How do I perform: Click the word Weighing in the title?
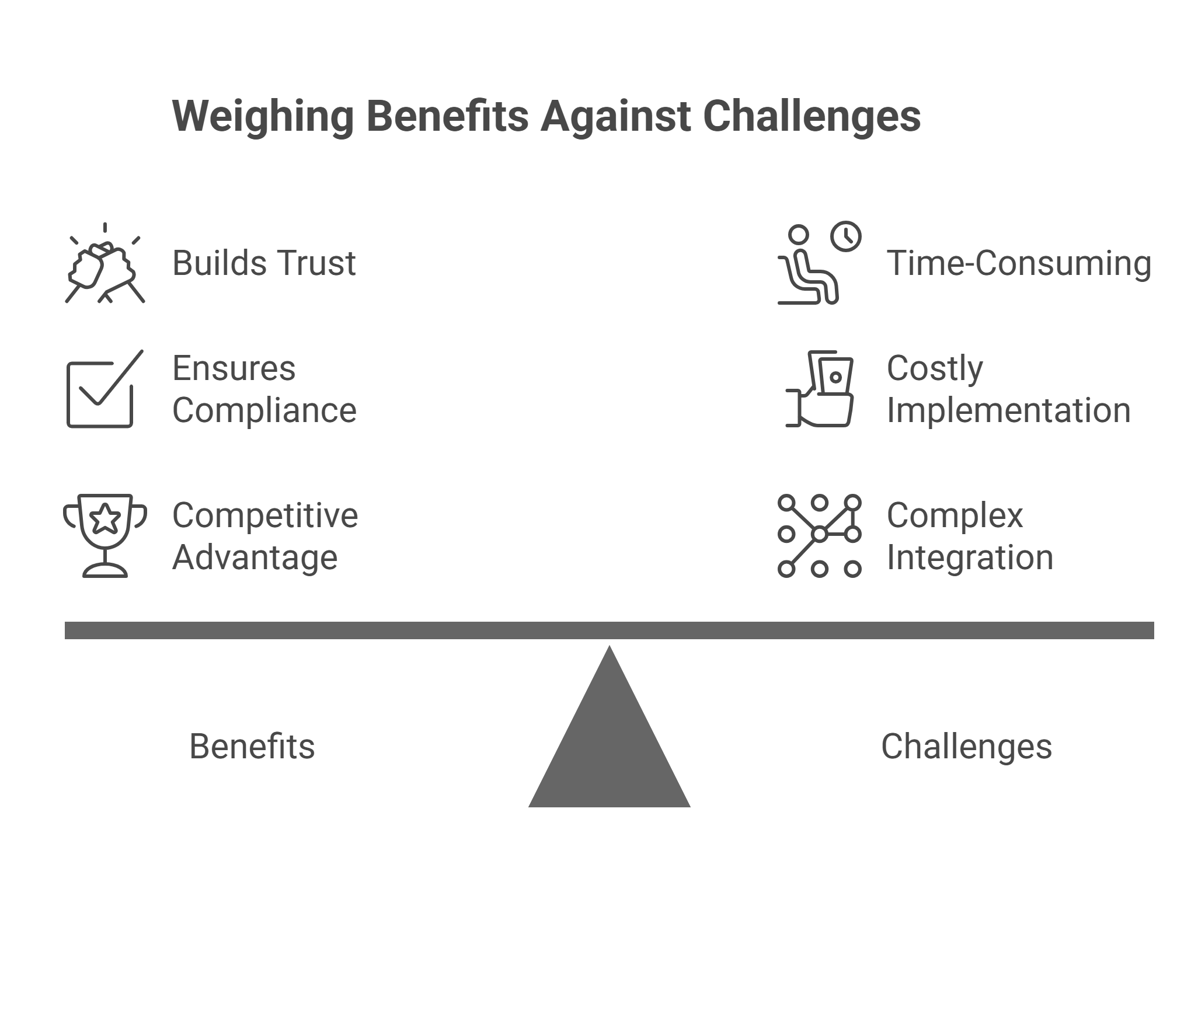(x=263, y=117)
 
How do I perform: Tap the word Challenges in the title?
(x=812, y=117)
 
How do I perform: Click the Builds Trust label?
(x=264, y=263)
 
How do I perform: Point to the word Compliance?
(x=264, y=410)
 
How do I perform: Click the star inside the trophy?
(x=105, y=519)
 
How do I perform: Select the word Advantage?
(x=255, y=557)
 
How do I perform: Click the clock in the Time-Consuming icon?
(x=845, y=236)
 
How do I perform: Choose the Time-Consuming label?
(x=1019, y=263)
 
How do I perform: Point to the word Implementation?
(x=1008, y=410)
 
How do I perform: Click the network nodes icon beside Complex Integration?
(x=819, y=535)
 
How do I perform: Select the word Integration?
(x=970, y=557)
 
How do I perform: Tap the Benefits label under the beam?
(x=252, y=747)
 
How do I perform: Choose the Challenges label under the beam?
(x=966, y=747)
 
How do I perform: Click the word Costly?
(x=935, y=369)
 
